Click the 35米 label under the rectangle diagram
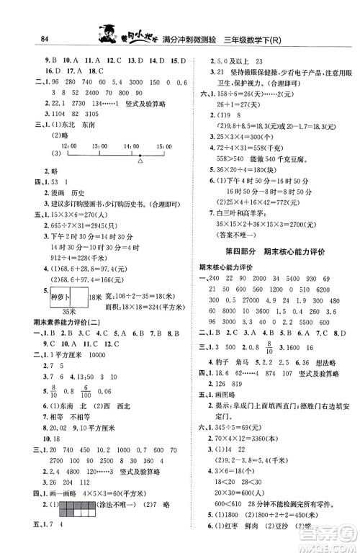[x=68, y=311]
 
